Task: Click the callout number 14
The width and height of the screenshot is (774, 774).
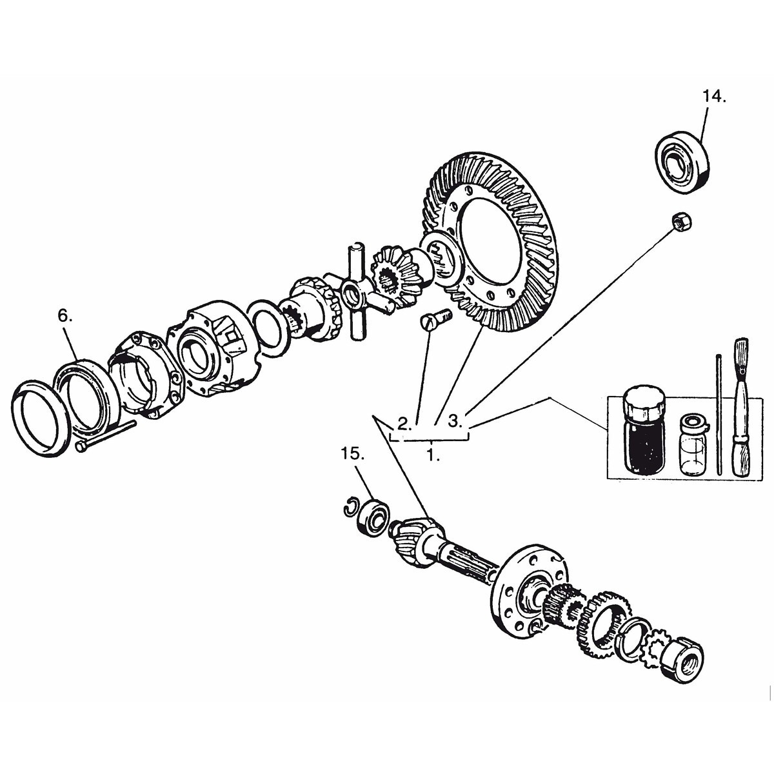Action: (x=713, y=97)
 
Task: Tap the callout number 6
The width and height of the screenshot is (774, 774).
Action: (x=65, y=316)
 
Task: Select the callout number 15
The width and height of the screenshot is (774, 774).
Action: (x=353, y=454)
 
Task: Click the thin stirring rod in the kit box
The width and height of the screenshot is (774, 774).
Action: (x=718, y=413)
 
